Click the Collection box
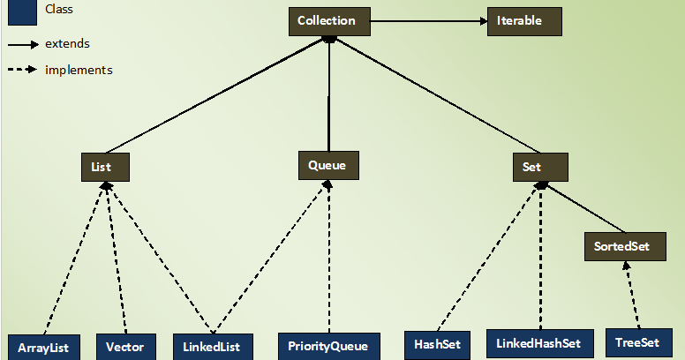coord(327,21)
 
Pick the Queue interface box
coord(327,165)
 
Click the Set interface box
coord(539,167)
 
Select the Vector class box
coord(125,347)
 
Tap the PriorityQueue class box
coord(327,346)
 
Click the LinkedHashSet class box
coord(538,343)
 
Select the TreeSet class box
coord(637,342)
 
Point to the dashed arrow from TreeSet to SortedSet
coord(631,296)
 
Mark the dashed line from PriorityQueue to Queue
coord(328,256)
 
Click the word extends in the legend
coord(67,43)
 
